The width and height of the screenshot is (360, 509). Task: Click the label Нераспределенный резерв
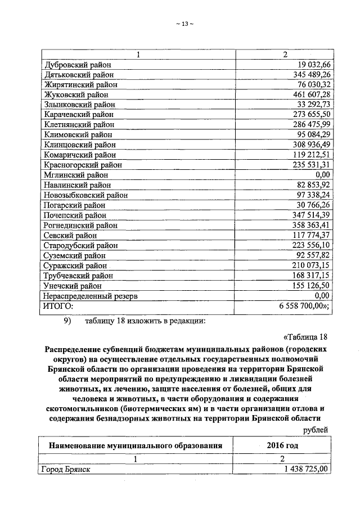(91, 296)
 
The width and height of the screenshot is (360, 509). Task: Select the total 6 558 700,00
(304, 306)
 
